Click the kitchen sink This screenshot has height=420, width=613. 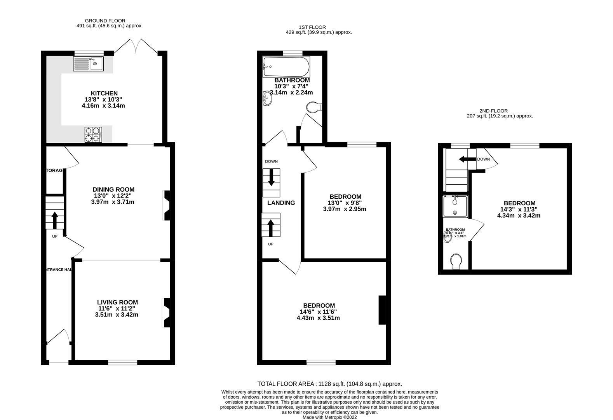coord(88,64)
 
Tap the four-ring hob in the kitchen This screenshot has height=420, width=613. coord(93,135)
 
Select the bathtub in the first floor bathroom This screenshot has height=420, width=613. coord(286,67)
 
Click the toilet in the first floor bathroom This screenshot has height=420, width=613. coord(313,107)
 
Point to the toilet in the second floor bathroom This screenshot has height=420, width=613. coord(456,261)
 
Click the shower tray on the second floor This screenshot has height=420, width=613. coord(456,206)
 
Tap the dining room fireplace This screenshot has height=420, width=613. coord(166,206)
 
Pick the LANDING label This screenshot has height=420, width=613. coord(281,203)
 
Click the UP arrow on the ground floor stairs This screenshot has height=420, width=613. coord(54,220)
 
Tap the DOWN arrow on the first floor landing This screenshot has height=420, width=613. coord(271,177)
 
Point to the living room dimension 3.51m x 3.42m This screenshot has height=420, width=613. coord(117,315)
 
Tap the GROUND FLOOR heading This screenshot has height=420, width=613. coord(105,21)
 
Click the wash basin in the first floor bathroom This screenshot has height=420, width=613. coord(267,98)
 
